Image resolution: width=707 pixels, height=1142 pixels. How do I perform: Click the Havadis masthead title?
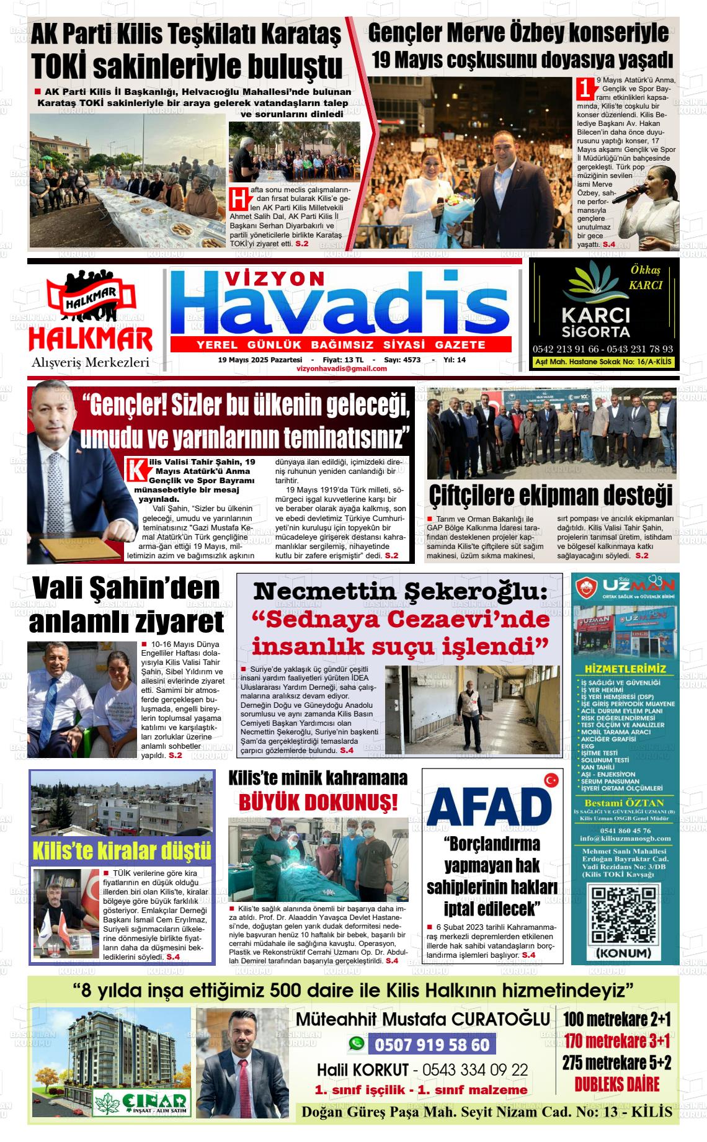click(x=340, y=308)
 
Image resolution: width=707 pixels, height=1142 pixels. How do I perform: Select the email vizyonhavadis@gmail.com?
click(x=342, y=368)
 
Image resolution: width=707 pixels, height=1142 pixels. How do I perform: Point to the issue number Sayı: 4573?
click(x=402, y=360)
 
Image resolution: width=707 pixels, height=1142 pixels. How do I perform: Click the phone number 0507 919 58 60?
click(x=432, y=1045)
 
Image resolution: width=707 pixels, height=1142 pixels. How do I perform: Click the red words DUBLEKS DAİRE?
click(x=616, y=1084)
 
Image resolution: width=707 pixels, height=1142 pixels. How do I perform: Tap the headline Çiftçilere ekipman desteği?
click(x=551, y=496)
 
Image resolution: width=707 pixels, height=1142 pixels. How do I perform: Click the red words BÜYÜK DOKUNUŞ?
click(x=318, y=803)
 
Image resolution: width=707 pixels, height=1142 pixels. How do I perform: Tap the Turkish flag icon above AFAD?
click(x=550, y=780)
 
